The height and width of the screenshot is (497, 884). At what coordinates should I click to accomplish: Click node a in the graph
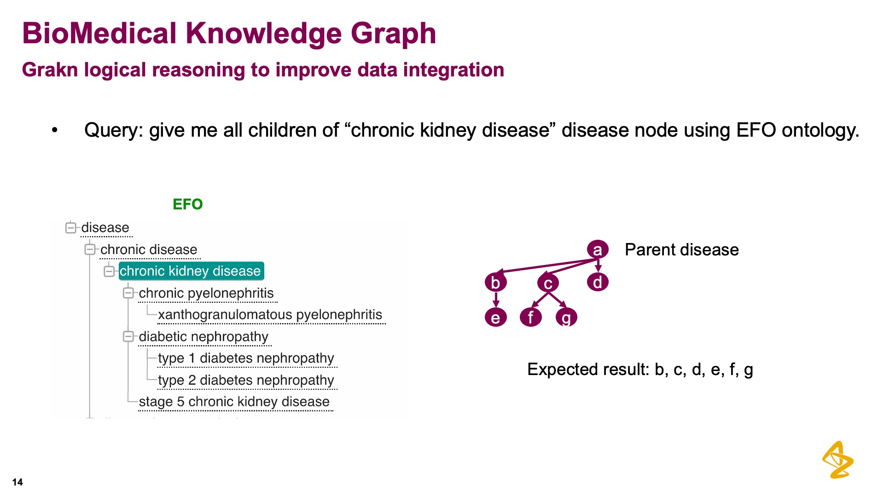pos(598,249)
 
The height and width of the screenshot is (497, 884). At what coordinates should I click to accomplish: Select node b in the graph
pos(496,282)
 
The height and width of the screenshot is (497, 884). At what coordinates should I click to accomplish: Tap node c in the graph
pos(548,283)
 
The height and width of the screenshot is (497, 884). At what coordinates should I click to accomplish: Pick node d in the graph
pos(598,282)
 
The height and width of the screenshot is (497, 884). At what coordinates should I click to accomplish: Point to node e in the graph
pos(496,317)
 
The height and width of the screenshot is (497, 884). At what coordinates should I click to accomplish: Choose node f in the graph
pos(531,317)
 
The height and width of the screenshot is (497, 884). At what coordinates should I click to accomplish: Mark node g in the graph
pos(566,317)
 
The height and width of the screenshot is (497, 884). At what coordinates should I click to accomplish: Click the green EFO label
pos(188,204)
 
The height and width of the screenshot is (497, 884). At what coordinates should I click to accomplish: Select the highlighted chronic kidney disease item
pos(191,271)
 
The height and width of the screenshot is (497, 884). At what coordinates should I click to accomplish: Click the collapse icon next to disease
pos(70,228)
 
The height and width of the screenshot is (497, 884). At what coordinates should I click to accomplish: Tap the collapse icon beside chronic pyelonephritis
pos(128,293)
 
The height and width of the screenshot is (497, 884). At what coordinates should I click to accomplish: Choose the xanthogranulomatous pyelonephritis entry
pos(270,315)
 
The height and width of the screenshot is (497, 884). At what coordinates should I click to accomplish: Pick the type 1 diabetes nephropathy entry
pos(246,358)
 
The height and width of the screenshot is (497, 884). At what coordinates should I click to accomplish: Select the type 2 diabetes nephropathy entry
pos(246,380)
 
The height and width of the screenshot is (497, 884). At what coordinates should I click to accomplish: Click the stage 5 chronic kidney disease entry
pos(234,402)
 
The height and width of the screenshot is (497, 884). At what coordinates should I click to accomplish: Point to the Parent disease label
pos(682,250)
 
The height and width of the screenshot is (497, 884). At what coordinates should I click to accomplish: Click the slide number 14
pos(17,482)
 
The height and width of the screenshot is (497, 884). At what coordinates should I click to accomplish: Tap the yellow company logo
pos(838,460)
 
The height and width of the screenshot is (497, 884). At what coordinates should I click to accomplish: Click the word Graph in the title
pos(393,34)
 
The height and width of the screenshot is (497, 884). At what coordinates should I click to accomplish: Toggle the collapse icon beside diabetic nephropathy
pos(128,337)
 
